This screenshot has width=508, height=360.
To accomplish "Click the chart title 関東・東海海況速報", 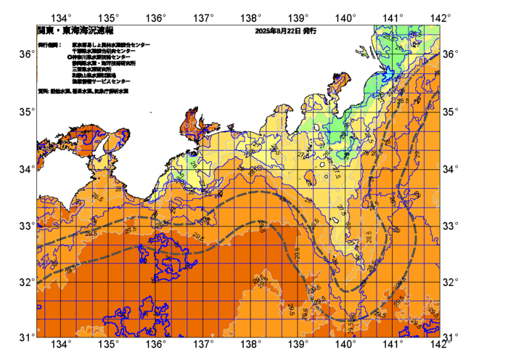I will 75,31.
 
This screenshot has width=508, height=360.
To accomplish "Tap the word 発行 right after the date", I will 309,31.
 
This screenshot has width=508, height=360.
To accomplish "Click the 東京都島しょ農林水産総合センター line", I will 111,45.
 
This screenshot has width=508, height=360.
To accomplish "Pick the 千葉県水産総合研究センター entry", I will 103,51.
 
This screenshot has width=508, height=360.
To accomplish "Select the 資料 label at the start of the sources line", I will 43,92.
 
